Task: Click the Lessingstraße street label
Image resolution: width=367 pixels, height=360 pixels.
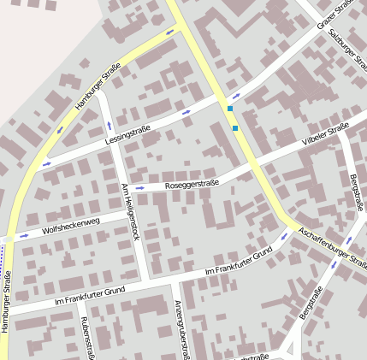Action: coord(127,132)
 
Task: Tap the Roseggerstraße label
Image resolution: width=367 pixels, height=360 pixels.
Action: coord(193,183)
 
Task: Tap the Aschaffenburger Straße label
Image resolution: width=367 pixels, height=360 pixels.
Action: coord(332,248)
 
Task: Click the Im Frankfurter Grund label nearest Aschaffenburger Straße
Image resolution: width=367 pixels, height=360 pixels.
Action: coord(239,263)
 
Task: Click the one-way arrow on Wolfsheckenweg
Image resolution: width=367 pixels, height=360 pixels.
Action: coord(24,234)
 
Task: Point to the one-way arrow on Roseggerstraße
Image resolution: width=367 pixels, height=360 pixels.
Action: coord(138,188)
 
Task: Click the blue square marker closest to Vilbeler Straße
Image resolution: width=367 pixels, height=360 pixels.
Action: coord(235,128)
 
